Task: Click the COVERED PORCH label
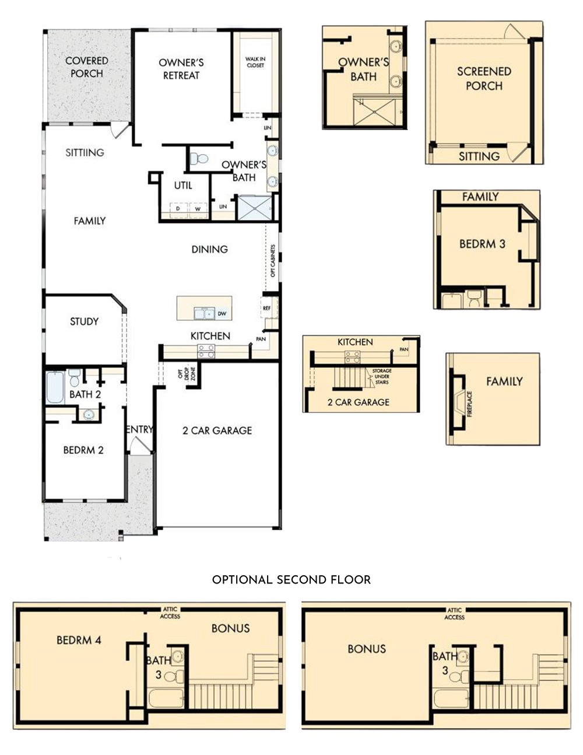pos(87,67)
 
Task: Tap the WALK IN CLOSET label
pos(255,62)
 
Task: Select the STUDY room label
pos(85,321)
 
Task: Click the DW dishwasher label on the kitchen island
pos(222,313)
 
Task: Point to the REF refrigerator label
pos(267,308)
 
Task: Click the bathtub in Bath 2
pos(55,387)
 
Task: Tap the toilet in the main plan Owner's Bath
pos(199,159)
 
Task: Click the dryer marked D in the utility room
pos(178,209)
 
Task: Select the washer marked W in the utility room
pos(198,209)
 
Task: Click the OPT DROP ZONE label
pos(187,373)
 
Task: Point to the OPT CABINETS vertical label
pos(273,261)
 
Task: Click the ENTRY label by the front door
pos(139,429)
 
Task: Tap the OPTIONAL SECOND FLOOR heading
pos(291,579)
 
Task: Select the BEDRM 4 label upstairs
pos(79,640)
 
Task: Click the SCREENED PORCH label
pos(484,79)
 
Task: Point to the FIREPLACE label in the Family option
pos(470,404)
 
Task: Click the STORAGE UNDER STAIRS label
pos(382,376)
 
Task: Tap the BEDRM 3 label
pos(482,244)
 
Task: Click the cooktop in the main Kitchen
pos(206,351)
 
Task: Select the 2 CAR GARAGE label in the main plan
pos(217,431)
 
